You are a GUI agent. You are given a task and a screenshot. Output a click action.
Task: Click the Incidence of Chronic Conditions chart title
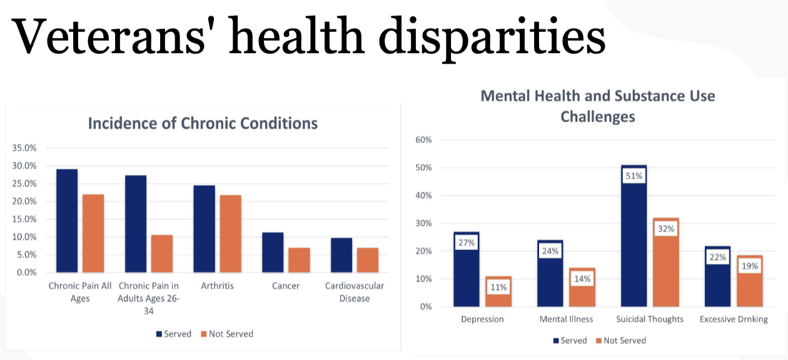pyautogui.click(x=203, y=123)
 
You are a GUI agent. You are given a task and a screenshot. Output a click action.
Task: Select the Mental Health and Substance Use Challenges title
pyautogui.click(x=597, y=106)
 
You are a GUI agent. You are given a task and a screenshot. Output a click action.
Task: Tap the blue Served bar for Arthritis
pyautogui.click(x=205, y=229)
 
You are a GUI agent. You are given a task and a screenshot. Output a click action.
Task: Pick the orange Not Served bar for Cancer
pyautogui.click(x=299, y=260)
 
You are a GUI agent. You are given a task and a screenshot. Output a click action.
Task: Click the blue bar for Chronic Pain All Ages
pyautogui.click(x=67, y=221)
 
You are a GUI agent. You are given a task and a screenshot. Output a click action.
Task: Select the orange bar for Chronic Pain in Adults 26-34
pyautogui.click(x=161, y=254)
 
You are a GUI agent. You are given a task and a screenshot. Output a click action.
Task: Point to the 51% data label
pyautogui.click(x=634, y=176)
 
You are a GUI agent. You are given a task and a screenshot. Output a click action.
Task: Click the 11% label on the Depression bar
pyautogui.click(x=498, y=287)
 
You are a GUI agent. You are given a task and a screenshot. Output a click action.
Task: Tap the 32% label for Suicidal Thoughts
pyautogui.click(x=665, y=229)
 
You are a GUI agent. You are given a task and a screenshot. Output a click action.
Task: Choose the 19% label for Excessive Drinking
pyautogui.click(x=749, y=266)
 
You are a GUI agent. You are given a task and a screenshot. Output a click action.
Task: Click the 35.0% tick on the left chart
pyautogui.click(x=24, y=148)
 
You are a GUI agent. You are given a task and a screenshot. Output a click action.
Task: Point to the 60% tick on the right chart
pyautogui.click(x=423, y=139)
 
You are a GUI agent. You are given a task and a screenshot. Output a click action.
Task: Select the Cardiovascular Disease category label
pyautogui.click(x=354, y=292)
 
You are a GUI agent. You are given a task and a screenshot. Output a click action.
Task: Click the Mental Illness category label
pyautogui.click(x=566, y=319)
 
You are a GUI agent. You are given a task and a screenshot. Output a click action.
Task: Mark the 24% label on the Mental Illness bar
pyautogui.click(x=550, y=251)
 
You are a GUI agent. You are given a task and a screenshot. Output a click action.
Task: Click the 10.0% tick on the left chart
pyautogui.click(x=24, y=237)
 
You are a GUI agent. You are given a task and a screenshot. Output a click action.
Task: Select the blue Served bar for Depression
pyautogui.click(x=467, y=269)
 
